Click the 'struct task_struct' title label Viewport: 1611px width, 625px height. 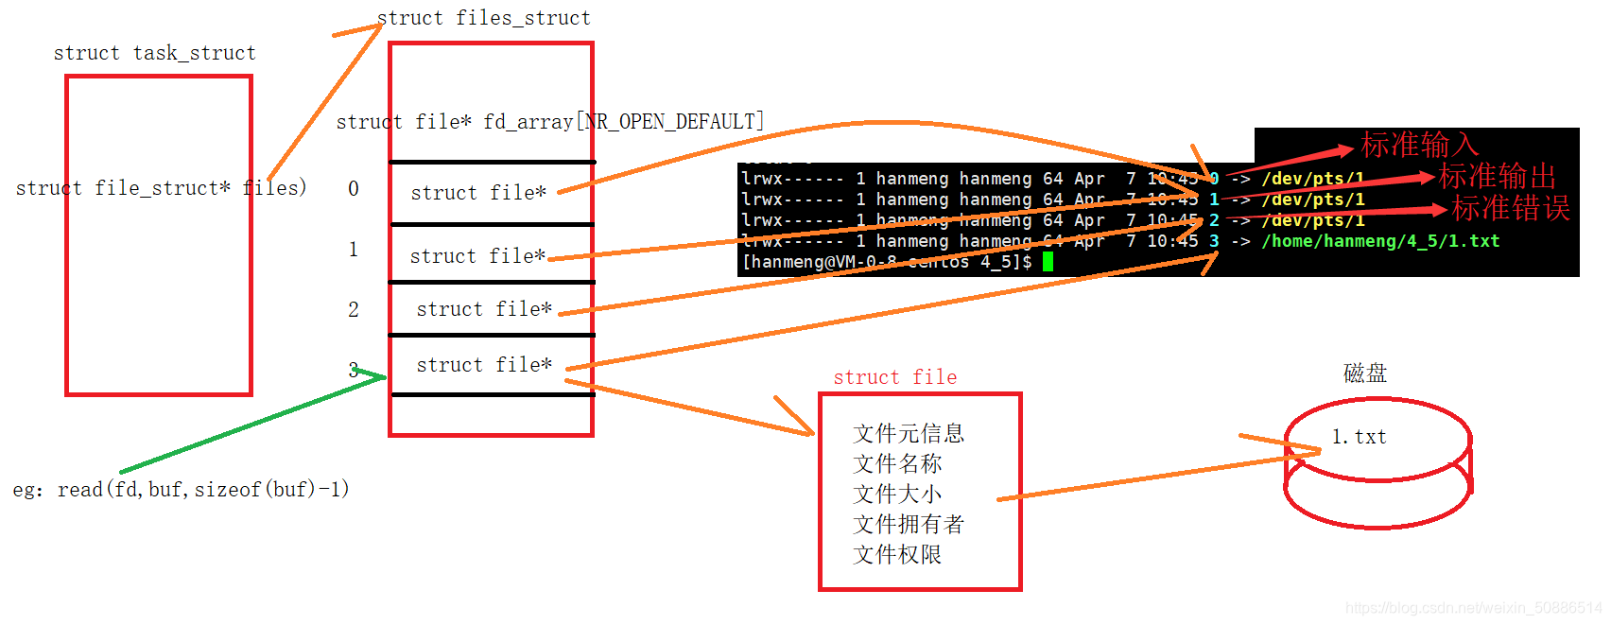point(154,53)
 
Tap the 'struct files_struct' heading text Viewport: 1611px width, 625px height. point(483,18)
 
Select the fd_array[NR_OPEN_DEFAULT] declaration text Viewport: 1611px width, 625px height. point(550,122)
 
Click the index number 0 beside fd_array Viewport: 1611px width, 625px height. point(354,189)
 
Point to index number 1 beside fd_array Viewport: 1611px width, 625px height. point(354,250)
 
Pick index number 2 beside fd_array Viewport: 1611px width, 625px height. point(354,310)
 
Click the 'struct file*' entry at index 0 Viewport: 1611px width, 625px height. point(478,193)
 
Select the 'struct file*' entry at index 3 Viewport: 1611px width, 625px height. point(484,365)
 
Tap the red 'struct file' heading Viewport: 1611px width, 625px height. point(894,377)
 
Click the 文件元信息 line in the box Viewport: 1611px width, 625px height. point(909,434)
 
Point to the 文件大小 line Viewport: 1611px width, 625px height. point(897,495)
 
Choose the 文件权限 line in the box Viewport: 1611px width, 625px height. point(897,555)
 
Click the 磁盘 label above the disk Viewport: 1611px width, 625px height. point(1364,373)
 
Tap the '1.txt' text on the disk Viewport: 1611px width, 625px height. point(1359,437)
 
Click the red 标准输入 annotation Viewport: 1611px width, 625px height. point(1419,145)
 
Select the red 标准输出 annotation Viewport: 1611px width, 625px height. point(1497,176)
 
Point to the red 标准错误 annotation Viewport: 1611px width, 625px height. point(1510,208)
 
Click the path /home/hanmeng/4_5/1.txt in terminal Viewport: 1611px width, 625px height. point(1380,241)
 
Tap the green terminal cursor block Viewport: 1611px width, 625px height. point(1048,262)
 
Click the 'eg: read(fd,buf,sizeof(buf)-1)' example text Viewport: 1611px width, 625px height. point(181,490)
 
